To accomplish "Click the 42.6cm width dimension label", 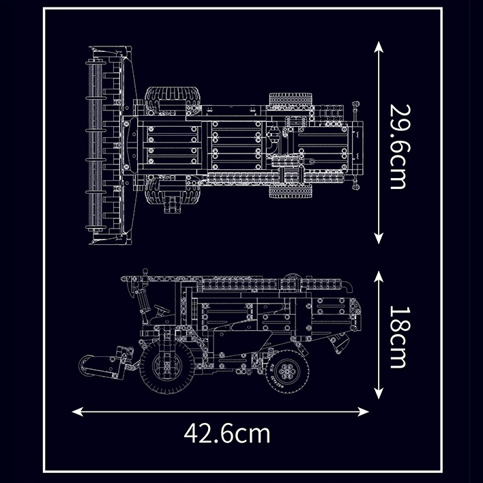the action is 227,433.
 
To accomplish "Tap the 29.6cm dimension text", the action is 400,147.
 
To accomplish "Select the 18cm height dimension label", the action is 400,337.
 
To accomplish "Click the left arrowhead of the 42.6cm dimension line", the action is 77,411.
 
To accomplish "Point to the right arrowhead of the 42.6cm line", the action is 363,411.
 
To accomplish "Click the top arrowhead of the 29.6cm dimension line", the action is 379,47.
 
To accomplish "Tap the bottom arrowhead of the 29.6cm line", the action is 379,238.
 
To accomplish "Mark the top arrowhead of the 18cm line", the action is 379,276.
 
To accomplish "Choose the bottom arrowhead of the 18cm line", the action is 379,394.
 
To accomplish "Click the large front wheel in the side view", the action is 167,366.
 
